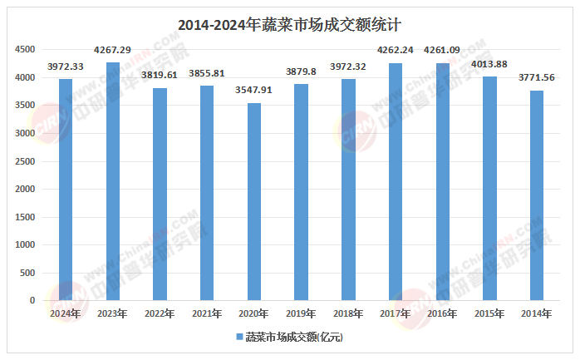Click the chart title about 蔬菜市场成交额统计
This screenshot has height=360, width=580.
click(x=289, y=25)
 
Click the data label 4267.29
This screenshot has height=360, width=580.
click(x=112, y=51)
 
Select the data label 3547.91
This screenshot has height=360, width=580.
click(x=253, y=91)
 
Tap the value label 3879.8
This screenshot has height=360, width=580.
click(x=301, y=72)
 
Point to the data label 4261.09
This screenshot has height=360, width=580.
click(x=442, y=51)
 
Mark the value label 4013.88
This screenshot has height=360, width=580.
click(x=489, y=65)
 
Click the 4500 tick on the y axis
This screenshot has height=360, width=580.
click(x=24, y=50)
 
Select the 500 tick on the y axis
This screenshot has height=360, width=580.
click(x=27, y=273)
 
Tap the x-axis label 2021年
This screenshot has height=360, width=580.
click(x=206, y=313)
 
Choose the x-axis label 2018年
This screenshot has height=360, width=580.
click(x=348, y=313)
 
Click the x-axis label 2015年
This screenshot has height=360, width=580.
click(x=489, y=313)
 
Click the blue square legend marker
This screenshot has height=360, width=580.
click(x=238, y=337)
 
